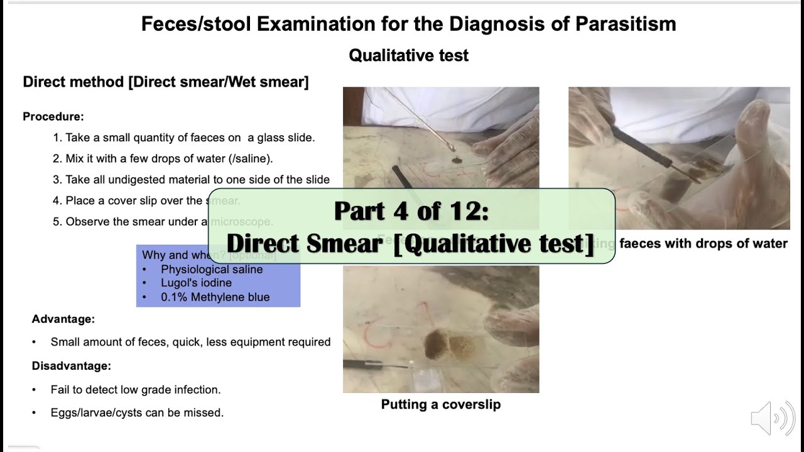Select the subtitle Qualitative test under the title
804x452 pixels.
(408, 55)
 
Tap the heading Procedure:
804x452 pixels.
(53, 117)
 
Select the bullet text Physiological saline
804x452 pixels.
(212, 269)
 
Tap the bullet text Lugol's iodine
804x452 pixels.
(196, 283)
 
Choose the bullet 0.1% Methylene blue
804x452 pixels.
(215, 297)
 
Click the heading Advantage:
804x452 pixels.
(63, 319)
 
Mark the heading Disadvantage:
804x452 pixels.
(72, 365)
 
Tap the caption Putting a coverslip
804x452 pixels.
(441, 404)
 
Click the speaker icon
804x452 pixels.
(772, 418)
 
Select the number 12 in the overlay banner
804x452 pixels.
(467, 211)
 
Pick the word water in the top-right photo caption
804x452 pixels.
(769, 244)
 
